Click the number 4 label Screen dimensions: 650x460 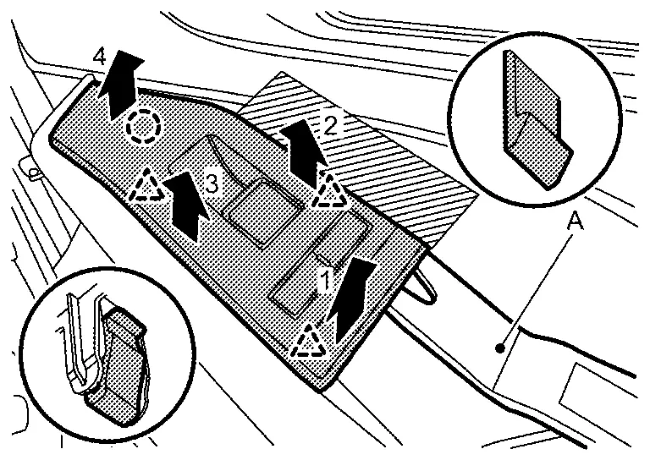[x=100, y=57]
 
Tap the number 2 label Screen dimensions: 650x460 [x=330, y=125]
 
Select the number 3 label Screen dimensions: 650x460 [x=212, y=183]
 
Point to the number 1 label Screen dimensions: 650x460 [x=325, y=280]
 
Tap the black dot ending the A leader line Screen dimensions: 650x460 [x=500, y=348]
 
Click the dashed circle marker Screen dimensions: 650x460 [x=143, y=127]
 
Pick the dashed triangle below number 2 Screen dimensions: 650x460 [x=329, y=191]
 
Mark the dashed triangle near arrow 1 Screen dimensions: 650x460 [x=309, y=342]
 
